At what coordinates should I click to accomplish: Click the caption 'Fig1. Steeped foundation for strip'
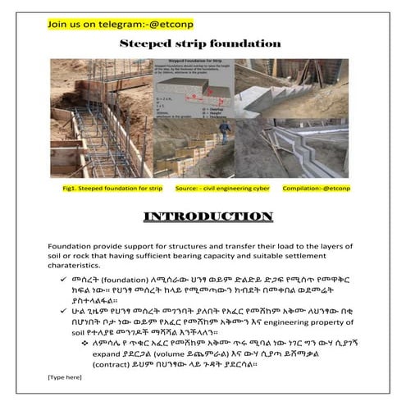pos(110,188)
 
